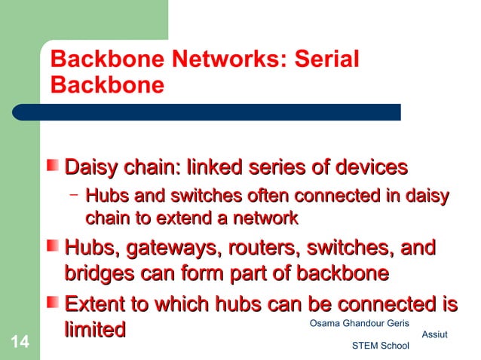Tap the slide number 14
tap(20, 344)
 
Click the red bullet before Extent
tap(54, 304)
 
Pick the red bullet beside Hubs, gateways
tap(54, 247)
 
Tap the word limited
tap(95, 329)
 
